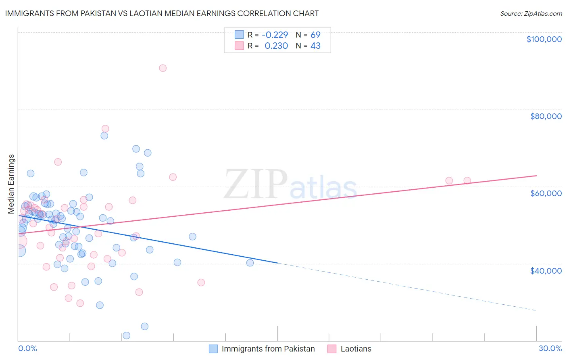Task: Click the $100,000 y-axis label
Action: click(x=544, y=39)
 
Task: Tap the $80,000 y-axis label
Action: click(x=546, y=116)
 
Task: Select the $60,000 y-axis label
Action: click(x=546, y=193)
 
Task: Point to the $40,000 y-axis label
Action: click(x=546, y=270)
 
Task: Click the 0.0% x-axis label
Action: click(x=27, y=348)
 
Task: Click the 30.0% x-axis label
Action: click(x=550, y=348)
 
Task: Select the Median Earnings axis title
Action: click(x=11, y=184)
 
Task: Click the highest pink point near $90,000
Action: click(x=163, y=68)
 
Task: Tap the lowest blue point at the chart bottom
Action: click(x=126, y=335)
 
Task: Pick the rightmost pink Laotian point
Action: click(x=467, y=180)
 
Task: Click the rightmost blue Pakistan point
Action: click(x=250, y=263)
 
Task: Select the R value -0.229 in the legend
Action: click(x=275, y=35)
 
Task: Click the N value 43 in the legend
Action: click(x=315, y=46)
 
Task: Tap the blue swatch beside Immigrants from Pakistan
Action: click(x=213, y=349)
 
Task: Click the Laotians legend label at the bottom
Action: click(x=356, y=349)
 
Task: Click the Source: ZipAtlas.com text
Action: click(x=531, y=13)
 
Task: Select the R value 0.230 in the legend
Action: click(x=276, y=46)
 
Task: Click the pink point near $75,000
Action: click(x=105, y=129)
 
